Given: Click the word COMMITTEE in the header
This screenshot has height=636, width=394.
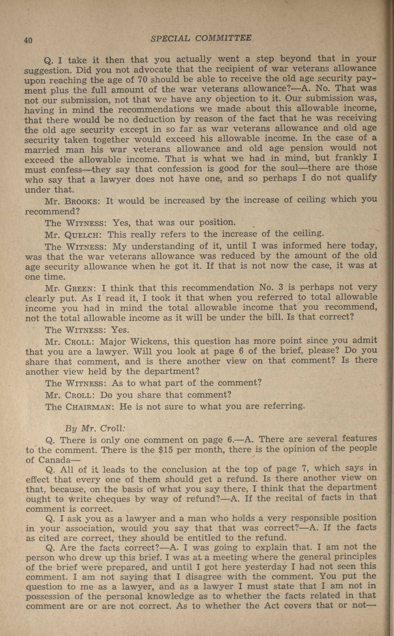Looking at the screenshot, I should coord(223,38).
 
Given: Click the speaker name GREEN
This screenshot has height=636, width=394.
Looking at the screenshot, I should coord(79,289).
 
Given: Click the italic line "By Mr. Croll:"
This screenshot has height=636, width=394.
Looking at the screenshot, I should coord(95,429).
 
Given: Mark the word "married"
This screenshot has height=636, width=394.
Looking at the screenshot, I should coord(42,150).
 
